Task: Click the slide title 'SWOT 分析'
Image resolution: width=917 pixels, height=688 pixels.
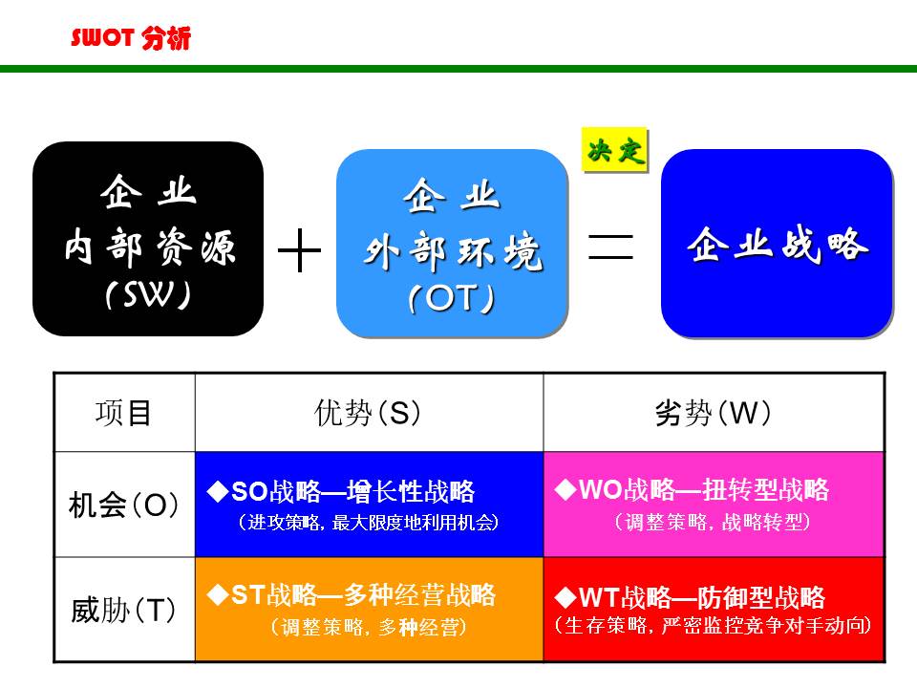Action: pyautogui.click(x=131, y=38)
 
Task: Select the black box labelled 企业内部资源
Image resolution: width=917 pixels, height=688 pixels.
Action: pyautogui.click(x=148, y=239)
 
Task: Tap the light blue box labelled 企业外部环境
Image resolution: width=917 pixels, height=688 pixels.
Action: pyautogui.click(x=452, y=243)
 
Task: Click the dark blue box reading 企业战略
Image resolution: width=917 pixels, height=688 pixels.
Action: pyautogui.click(x=777, y=244)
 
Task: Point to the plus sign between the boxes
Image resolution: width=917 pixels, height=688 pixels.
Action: pyautogui.click(x=299, y=251)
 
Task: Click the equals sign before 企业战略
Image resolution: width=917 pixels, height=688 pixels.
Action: pyautogui.click(x=611, y=247)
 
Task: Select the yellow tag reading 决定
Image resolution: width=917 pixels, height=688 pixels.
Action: pyautogui.click(x=615, y=151)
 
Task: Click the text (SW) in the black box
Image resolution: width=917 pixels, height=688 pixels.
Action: pyautogui.click(x=148, y=295)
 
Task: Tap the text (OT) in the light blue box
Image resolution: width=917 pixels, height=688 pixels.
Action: pyautogui.click(x=451, y=299)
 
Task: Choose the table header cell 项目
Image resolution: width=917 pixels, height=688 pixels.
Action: pyautogui.click(x=124, y=413)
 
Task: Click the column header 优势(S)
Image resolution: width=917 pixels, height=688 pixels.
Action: pyautogui.click(x=368, y=413)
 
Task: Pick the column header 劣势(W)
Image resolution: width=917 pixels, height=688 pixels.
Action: pyautogui.click(x=714, y=413)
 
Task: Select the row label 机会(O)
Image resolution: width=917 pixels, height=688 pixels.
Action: pyautogui.click(x=124, y=505)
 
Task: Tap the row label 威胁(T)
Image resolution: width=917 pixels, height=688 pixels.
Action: pyautogui.click(x=124, y=609)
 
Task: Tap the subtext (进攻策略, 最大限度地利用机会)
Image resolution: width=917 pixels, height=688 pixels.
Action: pyautogui.click(x=369, y=524)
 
